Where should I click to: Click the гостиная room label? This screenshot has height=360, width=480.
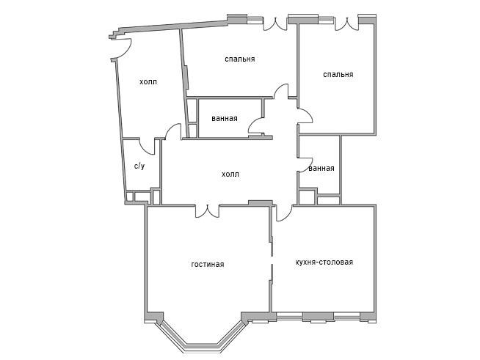[x=208, y=264]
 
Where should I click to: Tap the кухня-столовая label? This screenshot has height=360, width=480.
[x=324, y=262]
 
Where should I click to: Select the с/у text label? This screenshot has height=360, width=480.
[x=139, y=166]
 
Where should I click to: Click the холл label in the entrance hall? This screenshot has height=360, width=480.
[x=148, y=81]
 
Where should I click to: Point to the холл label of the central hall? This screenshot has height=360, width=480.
[x=230, y=174]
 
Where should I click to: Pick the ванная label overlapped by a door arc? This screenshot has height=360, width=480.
[x=321, y=168]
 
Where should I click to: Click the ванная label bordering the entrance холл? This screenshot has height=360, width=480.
[x=225, y=118]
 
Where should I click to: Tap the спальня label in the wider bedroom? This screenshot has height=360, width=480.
[x=240, y=59]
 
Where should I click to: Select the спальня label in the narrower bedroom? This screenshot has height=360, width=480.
[x=338, y=74]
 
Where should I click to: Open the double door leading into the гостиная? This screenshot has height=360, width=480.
[x=208, y=211]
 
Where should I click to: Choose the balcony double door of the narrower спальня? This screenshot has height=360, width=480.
[x=346, y=24]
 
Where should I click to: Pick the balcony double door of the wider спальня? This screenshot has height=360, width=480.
[x=275, y=24]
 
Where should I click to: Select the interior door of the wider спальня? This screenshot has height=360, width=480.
[x=280, y=91]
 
